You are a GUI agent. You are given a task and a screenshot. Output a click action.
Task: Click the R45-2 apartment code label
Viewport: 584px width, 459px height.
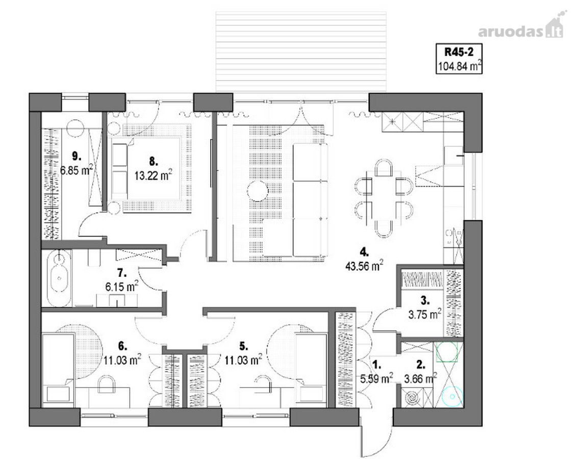(459, 52)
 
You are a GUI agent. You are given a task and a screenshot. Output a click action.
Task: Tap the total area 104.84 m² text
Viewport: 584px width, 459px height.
(460, 66)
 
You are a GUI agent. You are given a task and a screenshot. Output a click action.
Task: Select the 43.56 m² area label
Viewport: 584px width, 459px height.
(364, 266)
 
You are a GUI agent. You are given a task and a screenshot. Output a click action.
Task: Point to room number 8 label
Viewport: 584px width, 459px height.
(154, 161)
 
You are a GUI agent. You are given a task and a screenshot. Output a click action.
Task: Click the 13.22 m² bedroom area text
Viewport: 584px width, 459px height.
(153, 175)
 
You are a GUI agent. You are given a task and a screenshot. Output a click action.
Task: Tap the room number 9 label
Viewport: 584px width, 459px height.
(77, 155)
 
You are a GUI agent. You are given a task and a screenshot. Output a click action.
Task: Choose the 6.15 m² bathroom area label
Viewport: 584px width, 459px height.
(122, 287)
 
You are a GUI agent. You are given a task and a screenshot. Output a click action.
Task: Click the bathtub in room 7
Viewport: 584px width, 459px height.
(59, 277)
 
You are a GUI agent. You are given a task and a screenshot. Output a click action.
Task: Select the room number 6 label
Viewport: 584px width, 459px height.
(122, 346)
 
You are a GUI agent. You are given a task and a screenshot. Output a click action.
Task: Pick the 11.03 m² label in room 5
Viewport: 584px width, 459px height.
(243, 360)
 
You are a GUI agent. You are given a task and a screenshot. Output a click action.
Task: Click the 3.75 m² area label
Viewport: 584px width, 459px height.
(425, 314)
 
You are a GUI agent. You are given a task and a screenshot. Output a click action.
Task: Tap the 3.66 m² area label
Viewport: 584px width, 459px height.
(420, 378)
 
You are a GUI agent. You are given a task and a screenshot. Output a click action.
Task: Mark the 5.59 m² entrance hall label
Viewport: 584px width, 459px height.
(376, 378)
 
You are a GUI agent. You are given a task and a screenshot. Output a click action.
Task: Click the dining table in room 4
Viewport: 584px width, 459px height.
(384, 198)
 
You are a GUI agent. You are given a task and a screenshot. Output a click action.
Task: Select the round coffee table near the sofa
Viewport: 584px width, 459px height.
(258, 191)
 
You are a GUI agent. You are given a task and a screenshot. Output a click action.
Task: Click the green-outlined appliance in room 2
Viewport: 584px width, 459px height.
(447, 352)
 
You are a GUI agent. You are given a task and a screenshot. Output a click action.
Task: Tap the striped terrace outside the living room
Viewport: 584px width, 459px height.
(301, 52)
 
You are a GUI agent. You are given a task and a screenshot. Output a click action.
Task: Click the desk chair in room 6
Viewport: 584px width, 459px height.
(107, 384)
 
